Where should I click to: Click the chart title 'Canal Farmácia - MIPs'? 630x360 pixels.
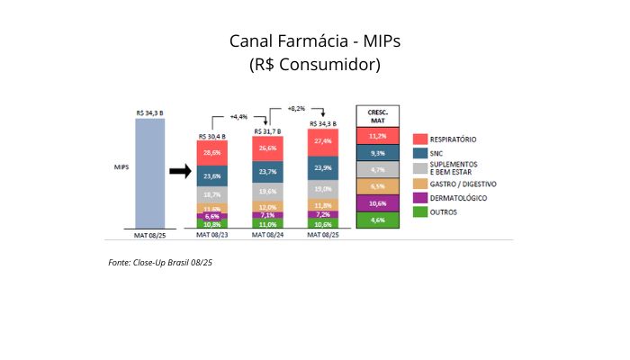(314, 41)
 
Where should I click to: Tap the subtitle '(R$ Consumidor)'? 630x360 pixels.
(314, 65)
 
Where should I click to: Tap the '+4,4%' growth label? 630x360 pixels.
(238, 116)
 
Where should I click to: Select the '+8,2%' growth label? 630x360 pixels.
(297, 107)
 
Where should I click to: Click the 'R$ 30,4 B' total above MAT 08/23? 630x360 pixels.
(211, 136)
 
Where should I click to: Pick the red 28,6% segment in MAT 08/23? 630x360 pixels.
(211, 153)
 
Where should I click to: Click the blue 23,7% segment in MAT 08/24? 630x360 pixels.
(267, 171)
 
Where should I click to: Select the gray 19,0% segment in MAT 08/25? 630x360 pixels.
(323, 189)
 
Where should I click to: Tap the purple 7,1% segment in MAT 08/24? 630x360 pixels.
(267, 215)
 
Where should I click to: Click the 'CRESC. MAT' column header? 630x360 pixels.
(377, 115)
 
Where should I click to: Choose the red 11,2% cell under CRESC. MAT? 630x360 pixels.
(377, 136)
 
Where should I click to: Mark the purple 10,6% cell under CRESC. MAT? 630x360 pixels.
(377, 203)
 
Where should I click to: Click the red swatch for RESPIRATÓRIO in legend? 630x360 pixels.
(419, 139)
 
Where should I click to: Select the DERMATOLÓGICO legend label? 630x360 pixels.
(459, 197)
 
